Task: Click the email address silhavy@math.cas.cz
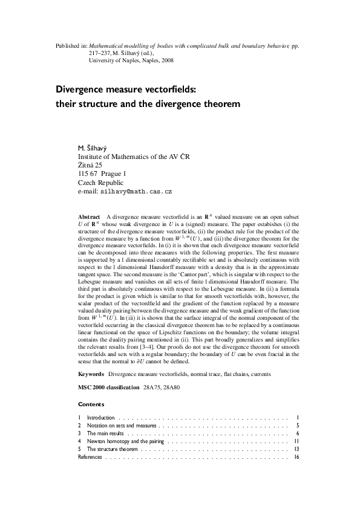click(x=137, y=191)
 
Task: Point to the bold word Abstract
click(x=90, y=216)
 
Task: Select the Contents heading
click(x=91, y=404)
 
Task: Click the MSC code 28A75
click(x=153, y=386)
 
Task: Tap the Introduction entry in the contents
click(x=100, y=418)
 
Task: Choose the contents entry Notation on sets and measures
click(x=122, y=426)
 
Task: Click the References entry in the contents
click(x=91, y=458)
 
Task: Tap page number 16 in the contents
click(x=296, y=458)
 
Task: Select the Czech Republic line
click(x=101, y=183)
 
